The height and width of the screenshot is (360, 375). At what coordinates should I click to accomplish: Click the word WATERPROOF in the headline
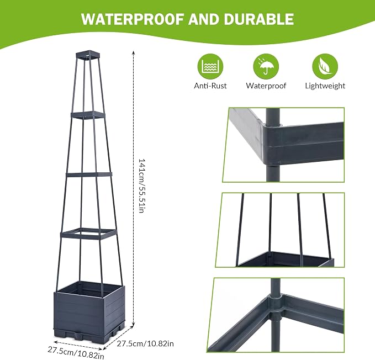(x=133, y=19)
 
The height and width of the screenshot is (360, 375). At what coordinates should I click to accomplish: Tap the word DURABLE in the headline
(x=259, y=19)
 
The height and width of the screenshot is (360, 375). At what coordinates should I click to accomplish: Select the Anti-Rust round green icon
(x=210, y=66)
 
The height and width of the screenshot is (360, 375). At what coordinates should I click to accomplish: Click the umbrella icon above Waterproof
(x=266, y=66)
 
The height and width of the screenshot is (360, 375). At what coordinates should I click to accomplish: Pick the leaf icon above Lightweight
(x=325, y=66)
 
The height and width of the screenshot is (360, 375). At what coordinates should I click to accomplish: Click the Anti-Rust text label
(x=210, y=86)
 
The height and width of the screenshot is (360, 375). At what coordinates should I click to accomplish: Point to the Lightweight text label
(x=325, y=86)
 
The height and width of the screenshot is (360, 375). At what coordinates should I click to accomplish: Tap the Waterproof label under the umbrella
(x=266, y=86)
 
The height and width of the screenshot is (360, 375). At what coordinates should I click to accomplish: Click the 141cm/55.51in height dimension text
(x=142, y=186)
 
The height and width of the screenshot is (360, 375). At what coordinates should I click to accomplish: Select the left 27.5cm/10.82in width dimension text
(x=76, y=353)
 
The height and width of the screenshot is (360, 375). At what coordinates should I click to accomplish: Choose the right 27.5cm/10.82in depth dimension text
(x=145, y=344)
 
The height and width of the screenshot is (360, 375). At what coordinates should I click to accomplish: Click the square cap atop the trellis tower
(x=87, y=55)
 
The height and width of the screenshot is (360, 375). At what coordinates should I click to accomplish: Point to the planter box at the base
(x=90, y=309)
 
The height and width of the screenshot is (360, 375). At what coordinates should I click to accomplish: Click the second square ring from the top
(x=88, y=115)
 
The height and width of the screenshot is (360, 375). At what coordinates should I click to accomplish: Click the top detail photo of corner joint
(x=284, y=145)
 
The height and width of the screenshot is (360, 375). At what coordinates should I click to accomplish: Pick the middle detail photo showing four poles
(x=280, y=230)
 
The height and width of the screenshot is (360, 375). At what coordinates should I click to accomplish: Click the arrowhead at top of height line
(x=134, y=52)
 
